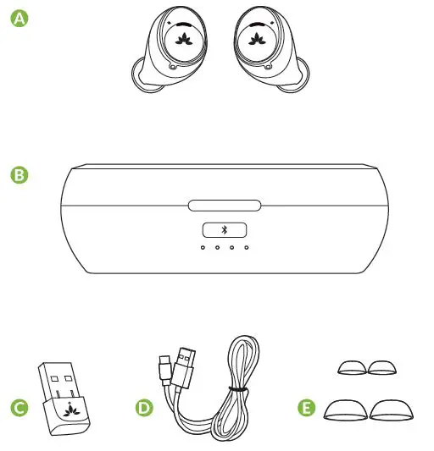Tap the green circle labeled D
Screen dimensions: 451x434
(x=144, y=408)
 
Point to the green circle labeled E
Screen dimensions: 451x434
(x=308, y=408)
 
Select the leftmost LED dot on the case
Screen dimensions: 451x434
(x=203, y=248)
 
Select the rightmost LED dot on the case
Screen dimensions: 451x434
(x=247, y=248)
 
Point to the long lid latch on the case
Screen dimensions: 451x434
(x=225, y=206)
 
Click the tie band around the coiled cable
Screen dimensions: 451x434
(x=240, y=390)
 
